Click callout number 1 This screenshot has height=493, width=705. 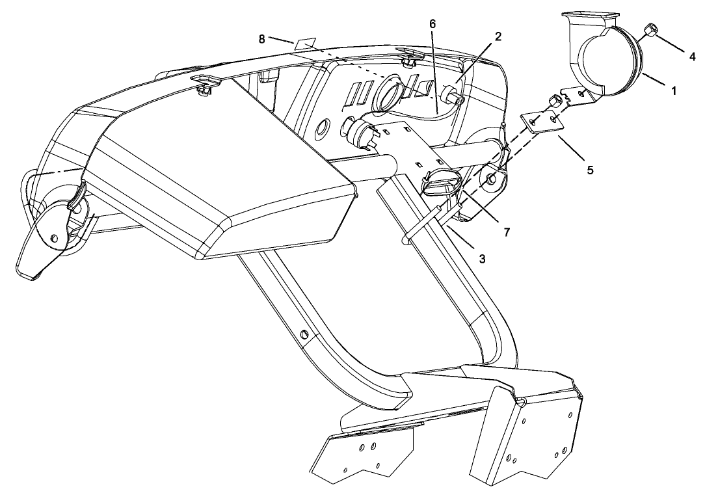(x=674, y=91)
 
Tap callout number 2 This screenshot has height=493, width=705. (x=498, y=37)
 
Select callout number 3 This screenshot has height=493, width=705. (x=482, y=259)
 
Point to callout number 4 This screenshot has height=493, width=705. (x=693, y=57)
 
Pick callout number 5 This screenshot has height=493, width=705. (x=590, y=170)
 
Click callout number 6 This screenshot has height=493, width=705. (x=432, y=24)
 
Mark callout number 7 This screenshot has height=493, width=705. (x=507, y=232)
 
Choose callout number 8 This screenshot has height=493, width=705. (x=261, y=39)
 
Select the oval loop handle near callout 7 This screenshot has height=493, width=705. (x=442, y=181)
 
